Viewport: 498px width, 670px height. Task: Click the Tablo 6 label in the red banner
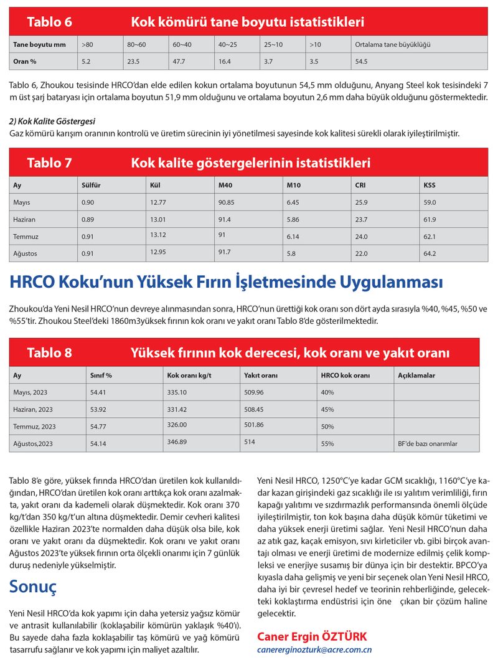coord(49,23)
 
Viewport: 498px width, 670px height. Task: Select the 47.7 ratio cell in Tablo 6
coord(181,62)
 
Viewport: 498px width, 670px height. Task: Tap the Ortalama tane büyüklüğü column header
coord(392,45)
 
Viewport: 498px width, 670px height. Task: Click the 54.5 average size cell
coord(361,62)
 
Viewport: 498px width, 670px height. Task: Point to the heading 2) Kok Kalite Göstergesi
coord(52,121)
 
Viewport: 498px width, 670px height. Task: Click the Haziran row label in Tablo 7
coord(26,219)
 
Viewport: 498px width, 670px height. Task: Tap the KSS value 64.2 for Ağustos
coord(430,253)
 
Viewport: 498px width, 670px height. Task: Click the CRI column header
coord(360,185)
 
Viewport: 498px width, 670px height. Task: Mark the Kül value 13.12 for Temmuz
coord(158,235)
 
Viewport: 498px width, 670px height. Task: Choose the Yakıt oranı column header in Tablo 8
coord(260,375)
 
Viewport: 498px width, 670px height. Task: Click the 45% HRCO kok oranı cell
coord(327,410)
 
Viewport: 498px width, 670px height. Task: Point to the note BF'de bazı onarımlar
coord(427,444)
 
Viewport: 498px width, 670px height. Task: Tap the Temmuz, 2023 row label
coord(34,427)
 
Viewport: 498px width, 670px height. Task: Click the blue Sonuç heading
coord(33,587)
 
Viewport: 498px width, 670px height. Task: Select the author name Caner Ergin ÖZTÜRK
coord(312,636)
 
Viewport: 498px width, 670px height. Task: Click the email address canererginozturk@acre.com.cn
coord(314,649)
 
